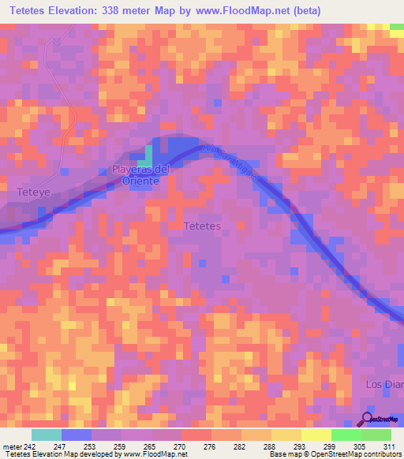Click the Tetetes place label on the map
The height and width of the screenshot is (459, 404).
[201, 226]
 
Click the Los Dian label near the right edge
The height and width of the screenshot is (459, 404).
[384, 384]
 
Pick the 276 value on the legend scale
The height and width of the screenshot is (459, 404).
[210, 446]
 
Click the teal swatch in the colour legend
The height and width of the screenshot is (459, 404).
[46, 435]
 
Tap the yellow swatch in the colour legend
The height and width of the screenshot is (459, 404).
[316, 435]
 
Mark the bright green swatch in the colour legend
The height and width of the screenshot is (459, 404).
[346, 435]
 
